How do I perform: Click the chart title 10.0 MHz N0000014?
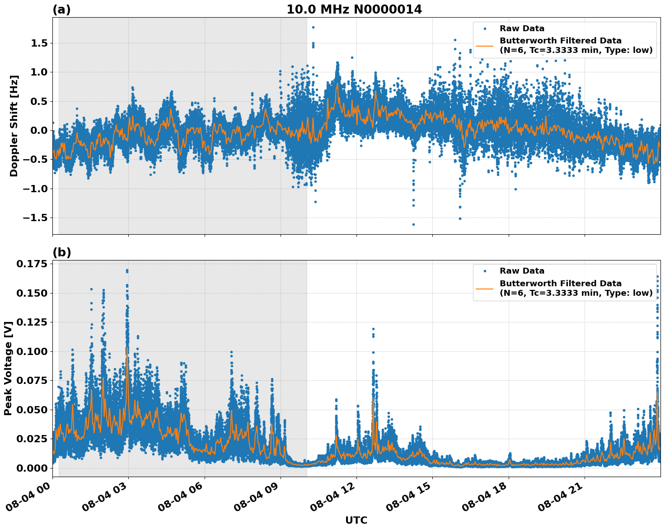point(354,9)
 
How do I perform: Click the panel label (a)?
point(61,9)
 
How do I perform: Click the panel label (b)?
point(61,252)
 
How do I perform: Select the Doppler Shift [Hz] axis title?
point(14,126)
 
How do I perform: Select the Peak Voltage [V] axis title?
point(8,369)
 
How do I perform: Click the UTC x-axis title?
point(356,520)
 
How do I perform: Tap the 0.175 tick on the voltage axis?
point(32,264)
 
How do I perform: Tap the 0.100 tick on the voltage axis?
point(32,351)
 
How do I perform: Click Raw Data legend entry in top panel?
point(522,28)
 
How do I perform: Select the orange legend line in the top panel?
point(485,46)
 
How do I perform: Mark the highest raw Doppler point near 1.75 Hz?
point(313,27)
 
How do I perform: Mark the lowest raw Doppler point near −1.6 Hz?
point(413,224)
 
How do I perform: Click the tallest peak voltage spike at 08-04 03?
point(127,270)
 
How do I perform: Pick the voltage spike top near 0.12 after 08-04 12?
point(373,329)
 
